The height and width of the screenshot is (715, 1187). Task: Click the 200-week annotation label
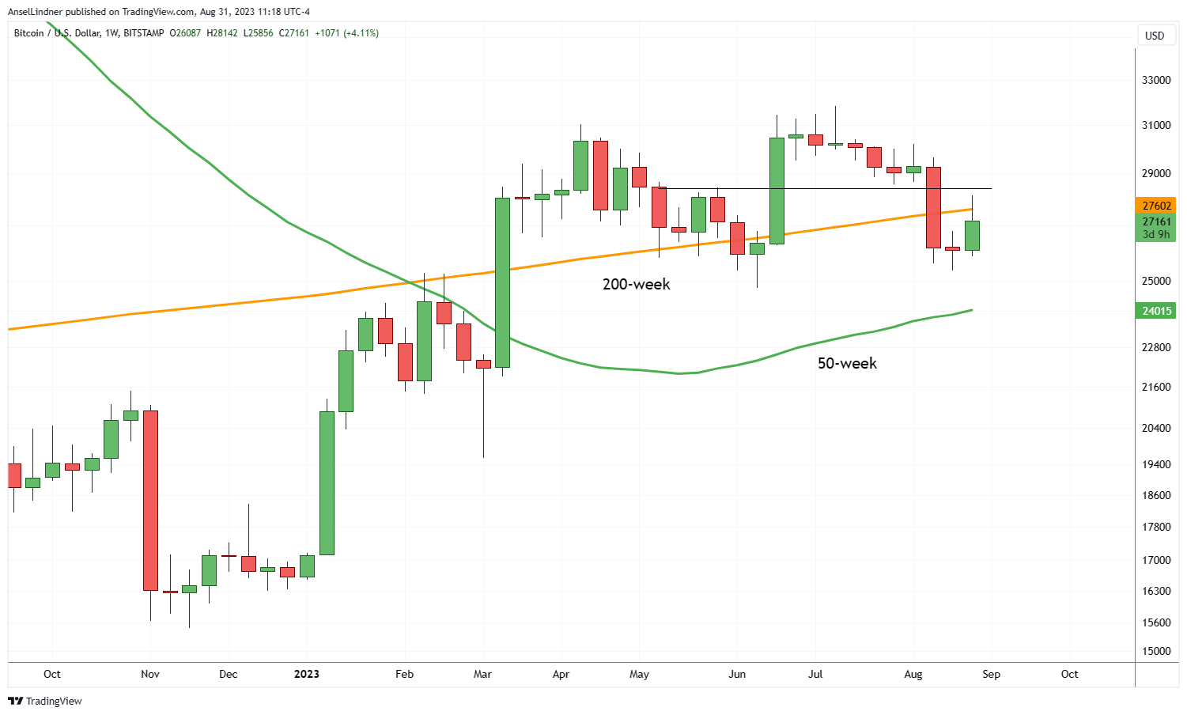coord(636,284)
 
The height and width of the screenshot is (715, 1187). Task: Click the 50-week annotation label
coord(847,363)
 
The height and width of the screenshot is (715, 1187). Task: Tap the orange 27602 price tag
coord(1156,206)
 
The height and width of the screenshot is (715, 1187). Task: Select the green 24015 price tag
coord(1156,311)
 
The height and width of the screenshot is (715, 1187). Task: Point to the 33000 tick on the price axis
coord(1156,80)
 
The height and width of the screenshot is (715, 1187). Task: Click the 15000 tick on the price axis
coord(1156,651)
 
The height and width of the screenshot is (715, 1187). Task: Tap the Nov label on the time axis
coord(150,674)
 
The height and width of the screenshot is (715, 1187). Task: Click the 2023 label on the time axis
coord(307,674)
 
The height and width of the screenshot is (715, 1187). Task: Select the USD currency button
coord(1155,36)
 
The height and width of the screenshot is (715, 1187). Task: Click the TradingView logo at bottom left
coord(45,701)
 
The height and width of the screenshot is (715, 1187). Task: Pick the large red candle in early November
coord(150,500)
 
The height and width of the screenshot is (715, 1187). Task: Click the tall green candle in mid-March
coord(502,282)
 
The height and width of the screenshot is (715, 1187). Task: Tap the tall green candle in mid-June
coord(777,191)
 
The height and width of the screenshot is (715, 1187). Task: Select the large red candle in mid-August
coord(933,207)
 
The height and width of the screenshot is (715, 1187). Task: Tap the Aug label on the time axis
coord(913,674)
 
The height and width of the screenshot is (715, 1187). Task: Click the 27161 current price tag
coord(1156,222)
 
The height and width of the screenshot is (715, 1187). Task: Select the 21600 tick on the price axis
coord(1156,387)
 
